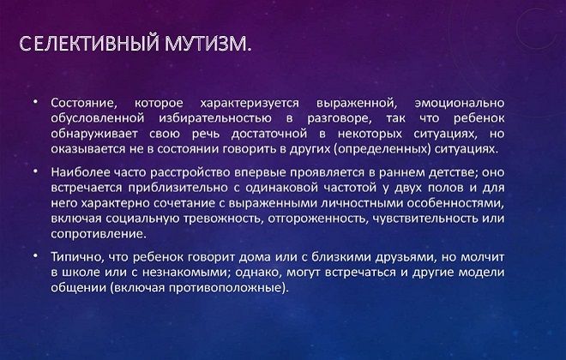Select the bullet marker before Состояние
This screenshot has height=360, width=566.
click(x=35, y=101)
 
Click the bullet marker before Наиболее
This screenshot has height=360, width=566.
click(x=35, y=171)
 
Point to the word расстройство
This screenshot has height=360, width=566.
click(x=188, y=172)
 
